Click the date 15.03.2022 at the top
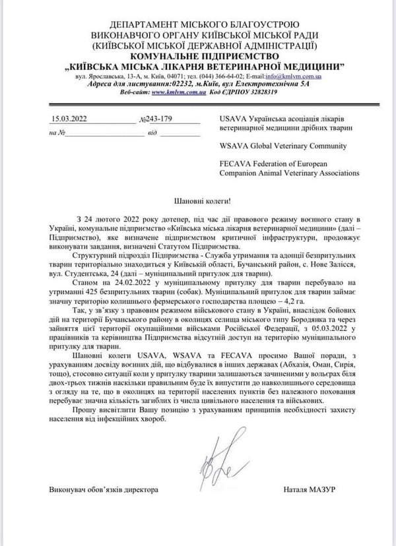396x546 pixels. [x=69, y=119]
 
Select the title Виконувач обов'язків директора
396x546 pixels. [x=104, y=490]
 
